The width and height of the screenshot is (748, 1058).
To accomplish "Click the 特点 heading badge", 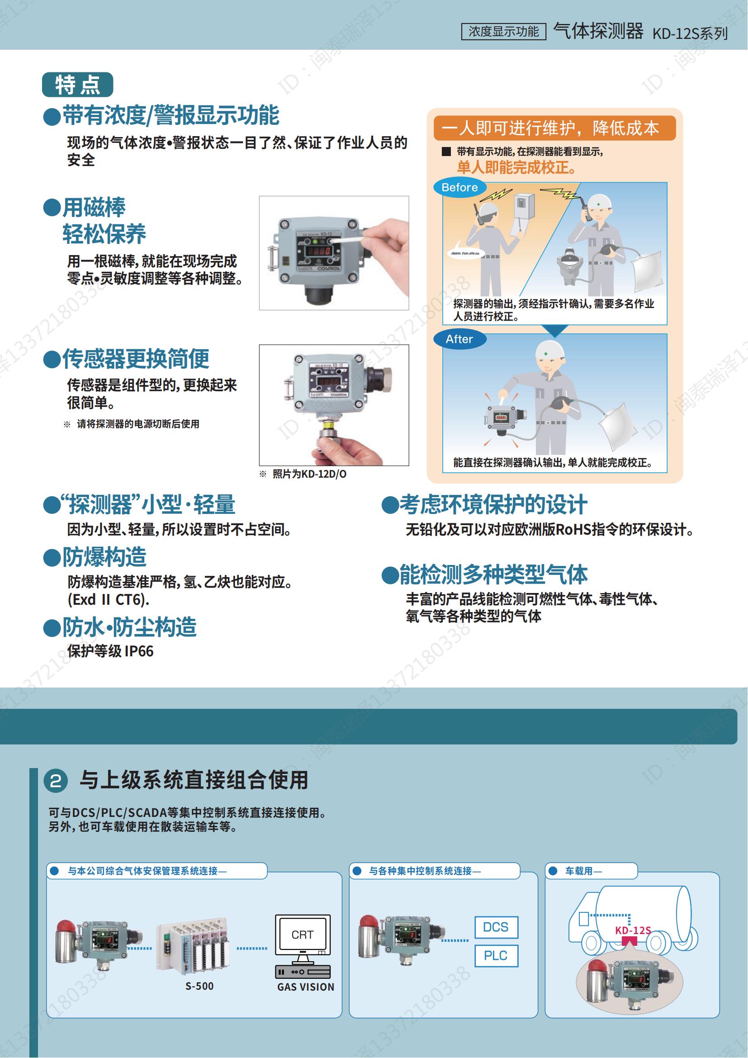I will pyautogui.click(x=77, y=85).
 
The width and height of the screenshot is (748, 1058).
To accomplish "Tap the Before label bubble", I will pyautogui.click(x=459, y=188).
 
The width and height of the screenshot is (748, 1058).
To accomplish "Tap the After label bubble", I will pyautogui.click(x=459, y=339).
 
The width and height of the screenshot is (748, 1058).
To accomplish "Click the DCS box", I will pyautogui.click(x=496, y=927).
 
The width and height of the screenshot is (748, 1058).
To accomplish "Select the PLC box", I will pyautogui.click(x=496, y=956).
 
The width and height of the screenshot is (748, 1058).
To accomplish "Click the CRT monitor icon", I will pyautogui.click(x=303, y=935).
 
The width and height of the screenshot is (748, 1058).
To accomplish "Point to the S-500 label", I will pyautogui.click(x=199, y=986).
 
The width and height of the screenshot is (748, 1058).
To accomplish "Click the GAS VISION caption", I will pyautogui.click(x=305, y=987).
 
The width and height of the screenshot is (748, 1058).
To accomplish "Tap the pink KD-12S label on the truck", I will pyautogui.click(x=633, y=930).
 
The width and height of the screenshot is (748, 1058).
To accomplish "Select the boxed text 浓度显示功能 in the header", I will pyautogui.click(x=503, y=31).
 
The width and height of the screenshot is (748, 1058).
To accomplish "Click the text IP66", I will pyautogui.click(x=139, y=651).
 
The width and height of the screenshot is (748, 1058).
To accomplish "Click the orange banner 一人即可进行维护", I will pyautogui.click(x=554, y=128).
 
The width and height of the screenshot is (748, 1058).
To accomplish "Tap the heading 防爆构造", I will pyautogui.click(x=104, y=557).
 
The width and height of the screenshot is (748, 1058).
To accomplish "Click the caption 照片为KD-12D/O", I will pyautogui.click(x=309, y=474).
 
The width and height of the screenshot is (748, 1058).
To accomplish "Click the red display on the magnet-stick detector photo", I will pyautogui.click(x=319, y=251).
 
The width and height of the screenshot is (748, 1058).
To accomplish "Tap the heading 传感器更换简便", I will pyautogui.click(x=135, y=359).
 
